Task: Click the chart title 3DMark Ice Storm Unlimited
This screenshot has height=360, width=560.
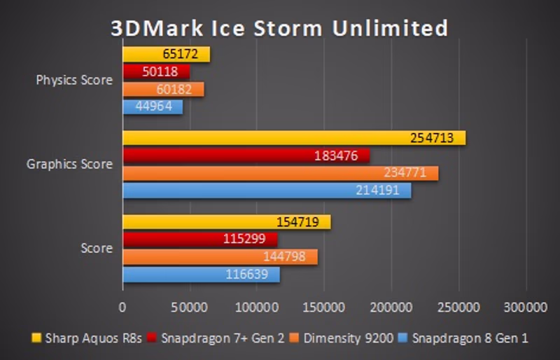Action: click(279, 27)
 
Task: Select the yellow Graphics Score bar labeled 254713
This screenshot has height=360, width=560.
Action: click(294, 138)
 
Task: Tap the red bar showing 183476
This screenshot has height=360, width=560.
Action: click(246, 155)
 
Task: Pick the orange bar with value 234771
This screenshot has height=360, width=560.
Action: click(281, 173)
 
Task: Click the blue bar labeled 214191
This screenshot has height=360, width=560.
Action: click(267, 191)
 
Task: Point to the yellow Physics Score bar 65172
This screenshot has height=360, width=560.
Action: click(167, 54)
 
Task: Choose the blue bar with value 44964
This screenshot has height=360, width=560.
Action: click(153, 107)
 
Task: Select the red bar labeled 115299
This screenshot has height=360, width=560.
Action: click(200, 240)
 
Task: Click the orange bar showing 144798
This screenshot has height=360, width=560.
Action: click(220, 257)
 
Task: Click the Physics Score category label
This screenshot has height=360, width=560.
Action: click(74, 80)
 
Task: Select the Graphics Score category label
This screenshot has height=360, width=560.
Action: click(69, 165)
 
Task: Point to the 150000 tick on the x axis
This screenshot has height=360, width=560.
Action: click(324, 306)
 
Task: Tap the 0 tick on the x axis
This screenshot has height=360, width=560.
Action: click(123, 306)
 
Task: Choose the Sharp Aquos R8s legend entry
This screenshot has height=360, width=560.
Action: click(87, 338)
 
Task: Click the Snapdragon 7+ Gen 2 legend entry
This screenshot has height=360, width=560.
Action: click(216, 338)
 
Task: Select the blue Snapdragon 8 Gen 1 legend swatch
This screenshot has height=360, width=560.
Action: click(403, 338)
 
